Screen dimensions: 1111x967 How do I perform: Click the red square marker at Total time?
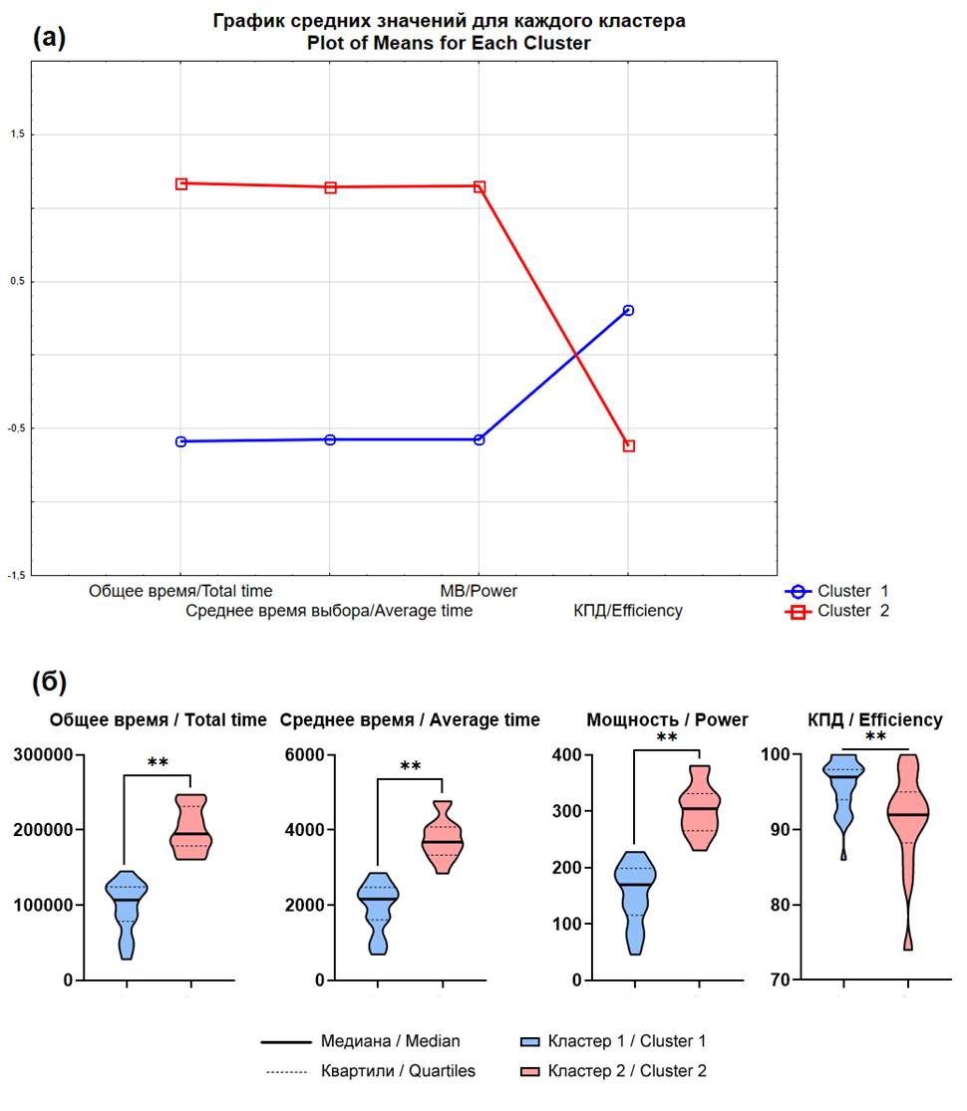tap(181, 183)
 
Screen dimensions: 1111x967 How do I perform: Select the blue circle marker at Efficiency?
tap(628, 310)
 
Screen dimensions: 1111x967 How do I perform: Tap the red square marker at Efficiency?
tap(628, 445)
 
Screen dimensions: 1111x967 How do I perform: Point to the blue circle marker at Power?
tap(480, 439)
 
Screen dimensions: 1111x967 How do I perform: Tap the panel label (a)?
tap(50, 39)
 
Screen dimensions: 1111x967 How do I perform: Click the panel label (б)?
tap(50, 683)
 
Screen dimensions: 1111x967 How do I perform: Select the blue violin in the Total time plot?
tap(126, 912)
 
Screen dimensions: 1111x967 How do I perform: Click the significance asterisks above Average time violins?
tap(410, 766)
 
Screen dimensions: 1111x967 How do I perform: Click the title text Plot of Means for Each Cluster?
tap(449, 44)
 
